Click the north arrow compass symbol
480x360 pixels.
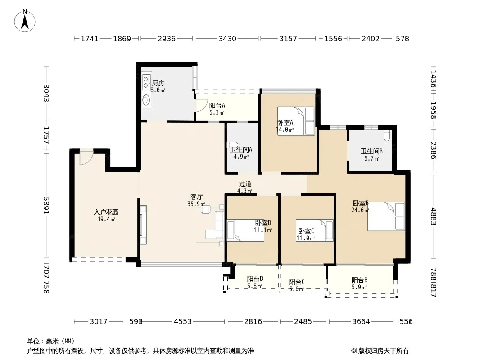pyautogui.click(x=25, y=21)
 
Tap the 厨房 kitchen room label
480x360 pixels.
pyautogui.click(x=158, y=83)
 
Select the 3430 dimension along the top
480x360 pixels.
pyautogui.click(x=227, y=39)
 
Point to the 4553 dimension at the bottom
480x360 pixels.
pyautogui.click(x=183, y=321)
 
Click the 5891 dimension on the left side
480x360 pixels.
pyautogui.click(x=46, y=205)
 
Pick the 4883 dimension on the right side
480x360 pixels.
pyautogui.click(x=433, y=216)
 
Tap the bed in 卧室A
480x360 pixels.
pyautogui.click(x=296, y=121)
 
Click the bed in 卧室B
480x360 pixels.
pyautogui.click(x=386, y=216)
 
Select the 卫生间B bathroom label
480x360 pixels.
pyautogui.click(x=371, y=151)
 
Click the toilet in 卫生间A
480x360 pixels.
pyautogui.click(x=232, y=145)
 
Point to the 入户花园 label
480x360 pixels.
pyautogui.click(x=106, y=212)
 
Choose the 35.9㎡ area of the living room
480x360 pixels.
pyautogui.click(x=196, y=204)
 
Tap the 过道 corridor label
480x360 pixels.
pyautogui.click(x=245, y=184)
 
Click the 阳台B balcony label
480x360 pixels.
pyautogui.click(x=359, y=280)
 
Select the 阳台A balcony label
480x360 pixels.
pyautogui.click(x=217, y=105)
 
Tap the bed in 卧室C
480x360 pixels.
pyautogui.click(x=314, y=230)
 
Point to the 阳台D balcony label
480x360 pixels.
pyautogui.click(x=255, y=279)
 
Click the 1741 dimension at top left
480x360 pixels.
pyautogui.click(x=90, y=39)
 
